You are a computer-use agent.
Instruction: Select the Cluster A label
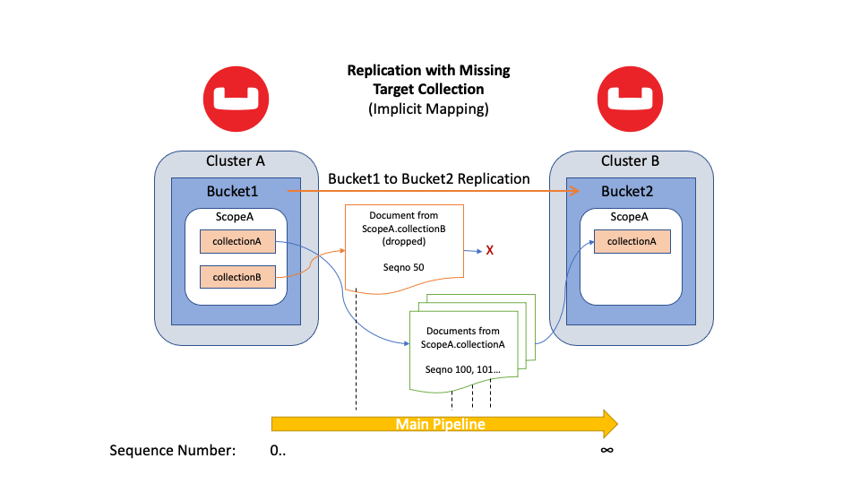click(x=236, y=161)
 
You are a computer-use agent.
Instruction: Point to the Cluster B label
click(x=630, y=161)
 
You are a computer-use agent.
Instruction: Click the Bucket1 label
click(x=232, y=192)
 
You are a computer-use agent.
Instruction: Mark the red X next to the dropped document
click(x=490, y=250)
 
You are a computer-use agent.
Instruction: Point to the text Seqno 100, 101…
click(x=463, y=369)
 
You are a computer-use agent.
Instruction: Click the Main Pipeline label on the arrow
click(x=440, y=424)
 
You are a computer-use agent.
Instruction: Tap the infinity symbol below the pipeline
click(x=606, y=449)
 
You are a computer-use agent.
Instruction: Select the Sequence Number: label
click(x=173, y=450)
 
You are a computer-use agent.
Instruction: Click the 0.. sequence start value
click(x=279, y=450)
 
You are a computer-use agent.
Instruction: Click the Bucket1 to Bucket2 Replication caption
click(x=429, y=179)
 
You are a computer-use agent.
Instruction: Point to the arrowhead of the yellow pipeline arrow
click(x=609, y=423)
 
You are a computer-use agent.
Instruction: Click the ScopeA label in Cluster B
click(x=629, y=217)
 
